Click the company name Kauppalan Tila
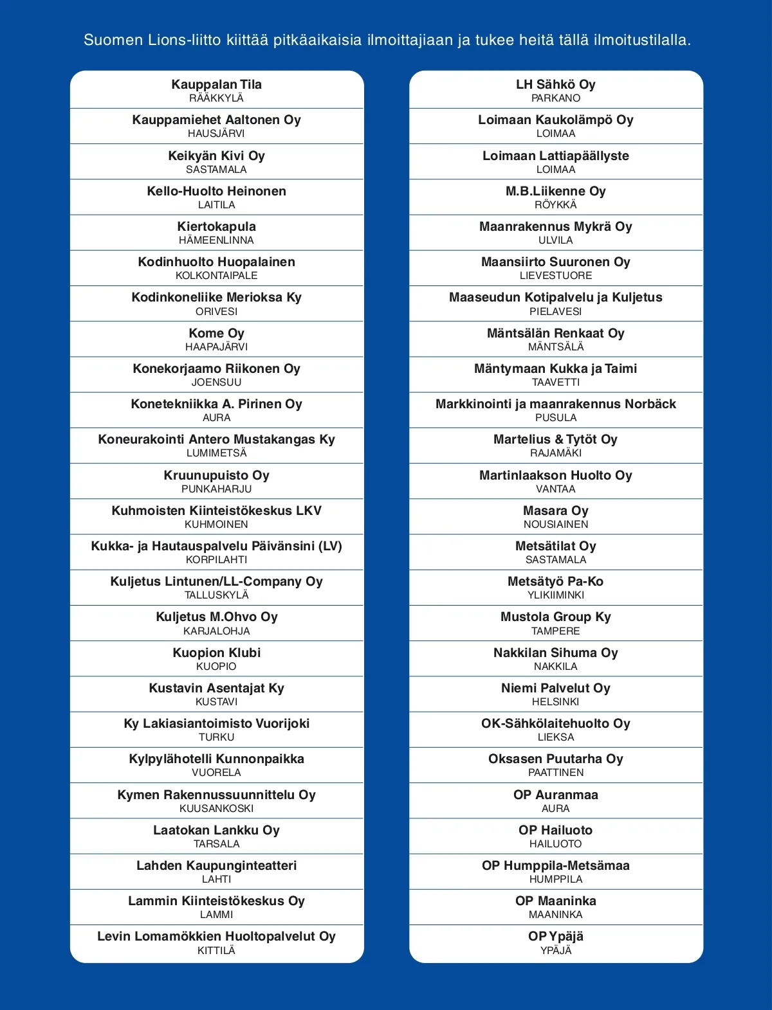pyautogui.click(x=216, y=84)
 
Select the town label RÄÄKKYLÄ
pyautogui.click(x=216, y=98)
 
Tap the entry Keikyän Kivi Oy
pyautogui.click(x=216, y=156)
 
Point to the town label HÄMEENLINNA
pyautogui.click(x=216, y=240)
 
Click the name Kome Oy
pyautogui.click(x=216, y=333)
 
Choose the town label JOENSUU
pyautogui.click(x=216, y=382)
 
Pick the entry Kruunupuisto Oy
pyautogui.click(x=216, y=475)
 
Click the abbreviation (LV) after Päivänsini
pyautogui.click(x=330, y=546)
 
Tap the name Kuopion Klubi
pyautogui.click(x=216, y=653)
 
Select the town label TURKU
pyautogui.click(x=216, y=737)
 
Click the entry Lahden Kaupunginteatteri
pyautogui.click(x=216, y=865)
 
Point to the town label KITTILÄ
pyautogui.click(x=216, y=950)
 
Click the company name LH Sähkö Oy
pyautogui.click(x=556, y=84)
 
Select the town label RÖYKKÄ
pyautogui.click(x=556, y=205)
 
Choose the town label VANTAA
pyautogui.click(x=556, y=489)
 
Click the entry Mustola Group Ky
pyautogui.click(x=556, y=617)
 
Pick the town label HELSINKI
pyautogui.click(x=556, y=702)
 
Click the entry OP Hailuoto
pyautogui.click(x=556, y=830)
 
